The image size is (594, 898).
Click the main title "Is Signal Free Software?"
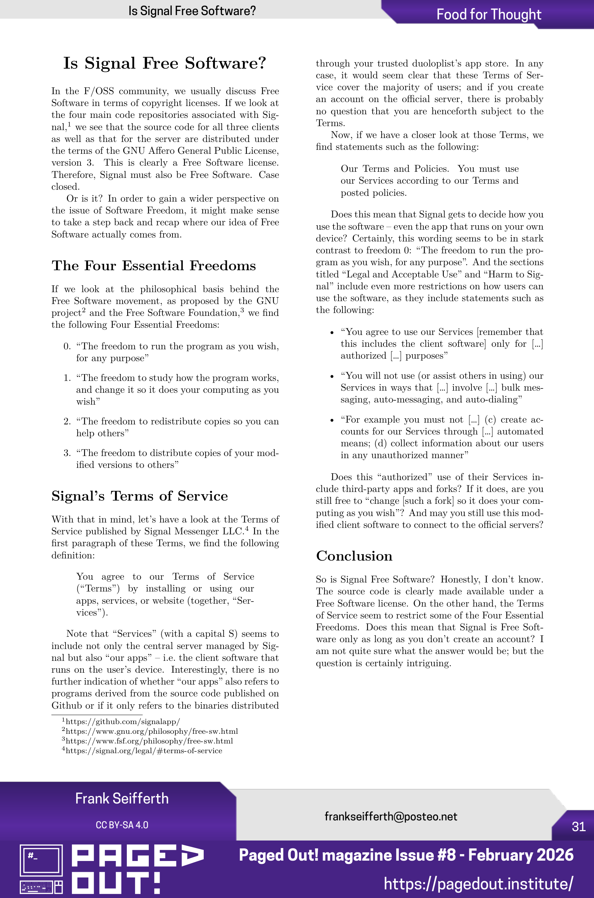click(x=165, y=63)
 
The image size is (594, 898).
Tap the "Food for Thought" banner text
click(x=488, y=14)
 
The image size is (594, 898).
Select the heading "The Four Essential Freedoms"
click(x=153, y=266)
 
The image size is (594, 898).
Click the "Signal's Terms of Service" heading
click(x=139, y=496)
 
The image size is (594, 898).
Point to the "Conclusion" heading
click(x=354, y=556)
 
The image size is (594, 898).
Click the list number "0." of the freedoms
click(x=67, y=346)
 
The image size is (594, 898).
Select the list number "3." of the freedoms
click(x=67, y=453)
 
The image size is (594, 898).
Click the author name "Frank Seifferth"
click(x=121, y=798)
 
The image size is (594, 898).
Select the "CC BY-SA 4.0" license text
click(x=121, y=825)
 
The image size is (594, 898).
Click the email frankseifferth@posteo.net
click(x=391, y=816)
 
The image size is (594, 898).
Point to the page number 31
click(x=579, y=826)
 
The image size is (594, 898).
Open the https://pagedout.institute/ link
click(x=478, y=884)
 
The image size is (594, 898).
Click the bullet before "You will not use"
click(x=332, y=377)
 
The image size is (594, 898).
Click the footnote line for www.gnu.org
click(x=152, y=731)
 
